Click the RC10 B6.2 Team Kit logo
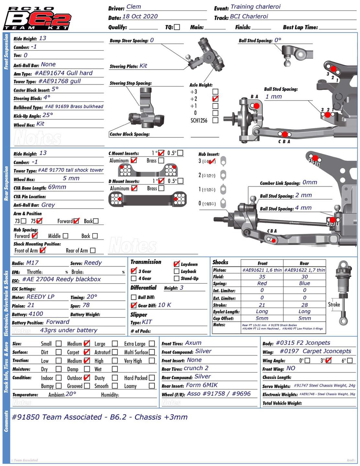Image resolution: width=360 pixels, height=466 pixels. point(37,19)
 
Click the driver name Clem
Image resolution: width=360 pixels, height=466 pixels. point(133,7)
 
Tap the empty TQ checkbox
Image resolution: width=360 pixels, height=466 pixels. point(177,27)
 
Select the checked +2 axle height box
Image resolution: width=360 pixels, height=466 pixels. point(215,99)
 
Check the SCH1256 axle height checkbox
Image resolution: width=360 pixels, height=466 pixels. point(215,120)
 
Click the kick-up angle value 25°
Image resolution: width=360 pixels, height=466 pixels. point(48,115)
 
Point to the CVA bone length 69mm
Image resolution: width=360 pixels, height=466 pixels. point(57,187)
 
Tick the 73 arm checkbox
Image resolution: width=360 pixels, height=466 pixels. point(23,221)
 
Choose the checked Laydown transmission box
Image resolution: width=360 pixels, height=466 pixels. point(176,264)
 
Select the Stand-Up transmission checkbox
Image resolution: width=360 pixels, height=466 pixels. point(176,278)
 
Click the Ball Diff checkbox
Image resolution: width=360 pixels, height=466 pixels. point(133,297)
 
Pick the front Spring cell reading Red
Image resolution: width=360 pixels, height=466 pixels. point(262,283)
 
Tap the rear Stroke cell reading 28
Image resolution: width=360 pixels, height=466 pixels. point(304,305)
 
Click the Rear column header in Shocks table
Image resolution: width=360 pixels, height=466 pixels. point(304,263)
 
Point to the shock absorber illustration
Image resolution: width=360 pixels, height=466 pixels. point(342,291)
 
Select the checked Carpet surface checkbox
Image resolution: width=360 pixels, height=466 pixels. point(86,352)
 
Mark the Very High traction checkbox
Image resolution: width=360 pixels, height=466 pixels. point(152,361)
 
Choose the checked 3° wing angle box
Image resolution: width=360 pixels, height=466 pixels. point(328,360)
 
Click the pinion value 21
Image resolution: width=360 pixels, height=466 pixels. point(31,305)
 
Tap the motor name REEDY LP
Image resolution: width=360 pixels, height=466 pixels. point(40,297)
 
